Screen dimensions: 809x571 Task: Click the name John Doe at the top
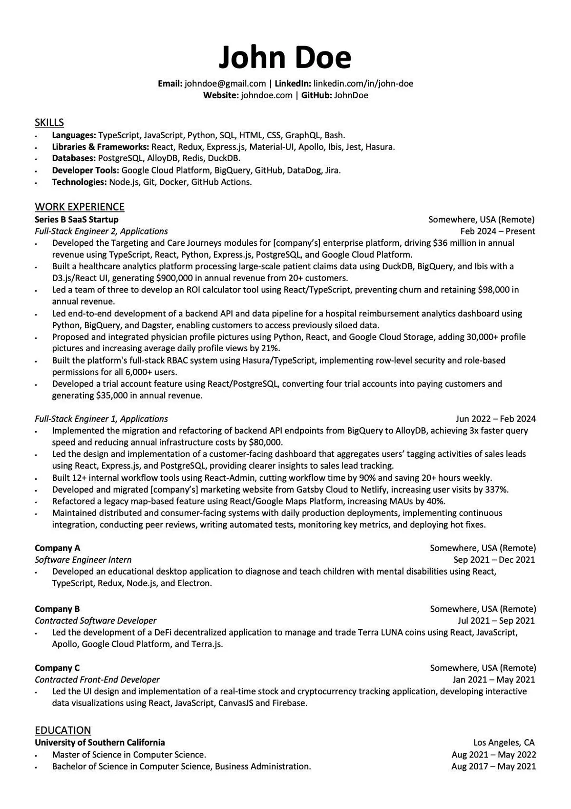click(x=285, y=57)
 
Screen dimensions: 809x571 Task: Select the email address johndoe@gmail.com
click(x=225, y=84)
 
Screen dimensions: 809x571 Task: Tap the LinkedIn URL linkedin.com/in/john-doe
click(x=363, y=84)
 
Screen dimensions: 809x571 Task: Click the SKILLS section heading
click(x=49, y=122)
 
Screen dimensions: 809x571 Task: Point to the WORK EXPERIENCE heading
click(x=79, y=207)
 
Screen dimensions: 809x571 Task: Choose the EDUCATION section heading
click(x=63, y=730)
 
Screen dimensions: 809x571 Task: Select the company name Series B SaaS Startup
click(x=77, y=220)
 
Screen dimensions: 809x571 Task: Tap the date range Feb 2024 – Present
click(x=498, y=232)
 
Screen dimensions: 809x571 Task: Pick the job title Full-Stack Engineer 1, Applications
click(x=101, y=419)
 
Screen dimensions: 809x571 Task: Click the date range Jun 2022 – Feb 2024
click(x=495, y=419)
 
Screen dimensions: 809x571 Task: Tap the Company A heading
click(x=58, y=548)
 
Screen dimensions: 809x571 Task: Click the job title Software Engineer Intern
click(x=83, y=560)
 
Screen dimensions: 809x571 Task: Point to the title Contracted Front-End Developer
click(x=97, y=680)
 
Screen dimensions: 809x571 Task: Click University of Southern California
click(x=100, y=743)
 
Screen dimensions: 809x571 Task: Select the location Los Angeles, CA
click(x=504, y=743)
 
